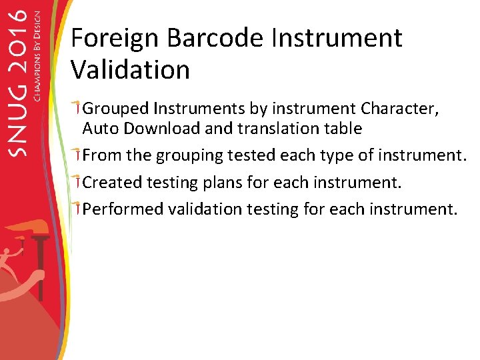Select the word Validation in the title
[130, 69]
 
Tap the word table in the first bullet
[342, 128]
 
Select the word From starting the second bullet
[102, 155]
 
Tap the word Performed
[123, 209]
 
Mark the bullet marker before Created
[77, 181]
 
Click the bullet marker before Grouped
[77, 107]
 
